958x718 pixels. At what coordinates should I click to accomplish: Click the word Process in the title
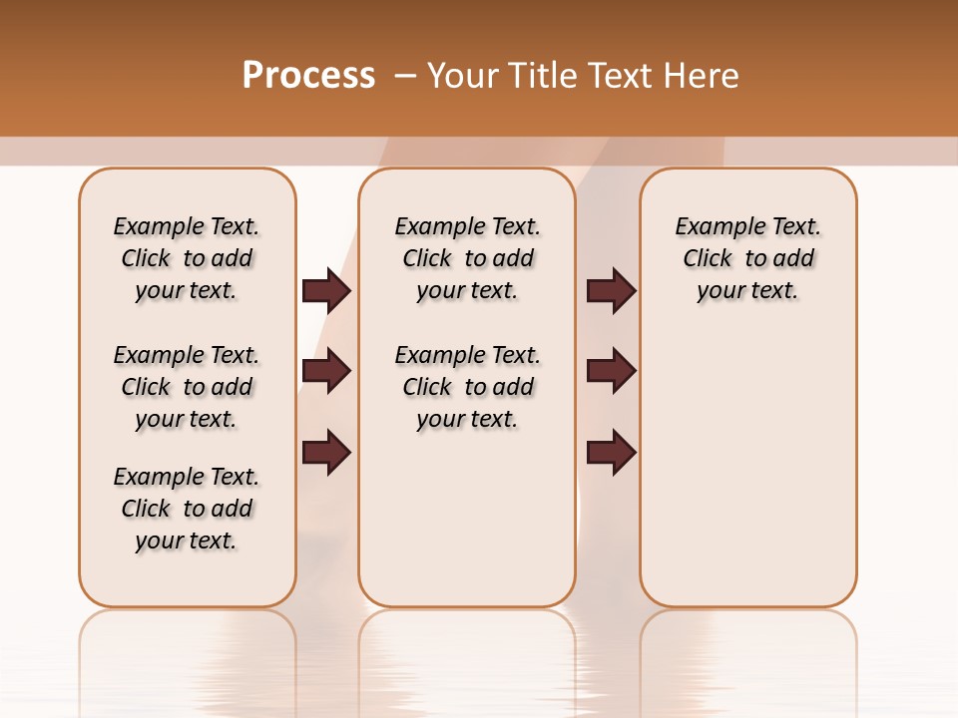(x=308, y=75)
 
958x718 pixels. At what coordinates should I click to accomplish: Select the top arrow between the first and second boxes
(x=326, y=290)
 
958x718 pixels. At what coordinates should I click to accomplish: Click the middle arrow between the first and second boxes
(x=326, y=371)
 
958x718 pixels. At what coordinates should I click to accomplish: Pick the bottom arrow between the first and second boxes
(x=326, y=452)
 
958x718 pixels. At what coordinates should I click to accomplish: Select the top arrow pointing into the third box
(x=611, y=290)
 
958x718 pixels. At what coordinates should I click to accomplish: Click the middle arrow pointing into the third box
(x=611, y=371)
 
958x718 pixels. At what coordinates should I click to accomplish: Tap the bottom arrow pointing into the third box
(x=611, y=452)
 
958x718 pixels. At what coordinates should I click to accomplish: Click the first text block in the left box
(x=187, y=258)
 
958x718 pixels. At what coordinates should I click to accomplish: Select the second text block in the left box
(x=187, y=387)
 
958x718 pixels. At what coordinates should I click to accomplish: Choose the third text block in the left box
(x=187, y=509)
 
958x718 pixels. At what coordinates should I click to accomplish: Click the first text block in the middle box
(x=467, y=258)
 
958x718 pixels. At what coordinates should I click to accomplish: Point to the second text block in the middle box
(x=467, y=387)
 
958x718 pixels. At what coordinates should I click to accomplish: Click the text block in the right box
(x=747, y=258)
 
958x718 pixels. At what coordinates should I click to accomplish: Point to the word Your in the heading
(x=463, y=76)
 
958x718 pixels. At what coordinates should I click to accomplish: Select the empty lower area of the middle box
(x=467, y=519)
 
